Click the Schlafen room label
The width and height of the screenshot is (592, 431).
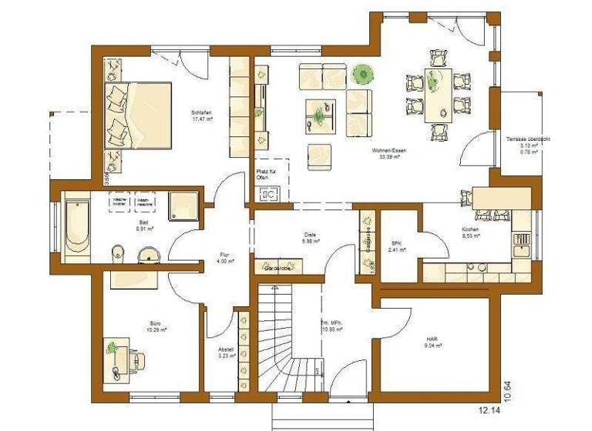(x=202, y=113)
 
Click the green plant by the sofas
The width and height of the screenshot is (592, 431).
(x=362, y=75)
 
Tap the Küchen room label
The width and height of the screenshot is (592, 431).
(x=470, y=229)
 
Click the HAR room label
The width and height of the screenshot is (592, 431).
(x=432, y=338)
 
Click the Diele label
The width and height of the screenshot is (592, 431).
(x=311, y=236)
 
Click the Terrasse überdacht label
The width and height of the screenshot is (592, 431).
(x=528, y=139)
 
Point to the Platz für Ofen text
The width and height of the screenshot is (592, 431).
(x=264, y=174)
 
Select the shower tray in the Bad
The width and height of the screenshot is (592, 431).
(x=183, y=203)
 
